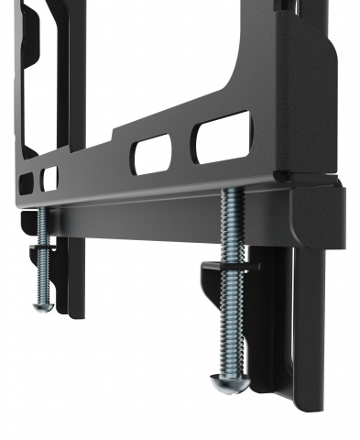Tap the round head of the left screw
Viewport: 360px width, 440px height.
tap(42, 305)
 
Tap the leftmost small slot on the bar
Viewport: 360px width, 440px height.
tap(26, 182)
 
